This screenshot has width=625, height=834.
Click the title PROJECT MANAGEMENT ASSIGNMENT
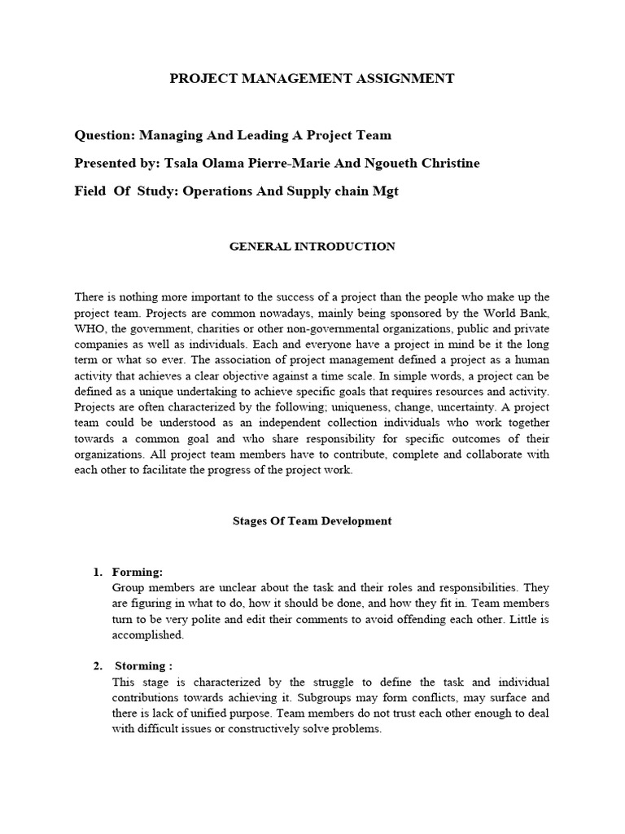312,79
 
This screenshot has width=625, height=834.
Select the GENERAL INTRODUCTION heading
312,247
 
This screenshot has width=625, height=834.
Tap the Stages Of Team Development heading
312,521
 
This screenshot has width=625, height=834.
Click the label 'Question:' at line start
104,135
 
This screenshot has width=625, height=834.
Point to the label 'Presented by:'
117,163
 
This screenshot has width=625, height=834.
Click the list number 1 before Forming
97,572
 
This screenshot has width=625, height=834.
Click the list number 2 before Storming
97,666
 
